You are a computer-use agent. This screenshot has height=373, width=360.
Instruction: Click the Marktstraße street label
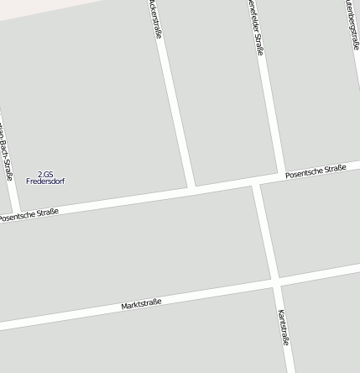(141, 303)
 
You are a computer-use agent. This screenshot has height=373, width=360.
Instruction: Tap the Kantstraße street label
(283, 328)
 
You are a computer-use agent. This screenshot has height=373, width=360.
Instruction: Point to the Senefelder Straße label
(256, 27)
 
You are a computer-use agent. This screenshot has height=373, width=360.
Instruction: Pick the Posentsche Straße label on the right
(316, 171)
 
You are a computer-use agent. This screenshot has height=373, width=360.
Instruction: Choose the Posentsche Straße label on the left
(29, 215)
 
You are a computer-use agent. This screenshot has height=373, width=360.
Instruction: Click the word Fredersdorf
(45, 181)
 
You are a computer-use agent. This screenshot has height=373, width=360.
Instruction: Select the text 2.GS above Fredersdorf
(45, 174)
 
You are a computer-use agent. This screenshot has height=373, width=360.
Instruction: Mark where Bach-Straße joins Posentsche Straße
(17, 211)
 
